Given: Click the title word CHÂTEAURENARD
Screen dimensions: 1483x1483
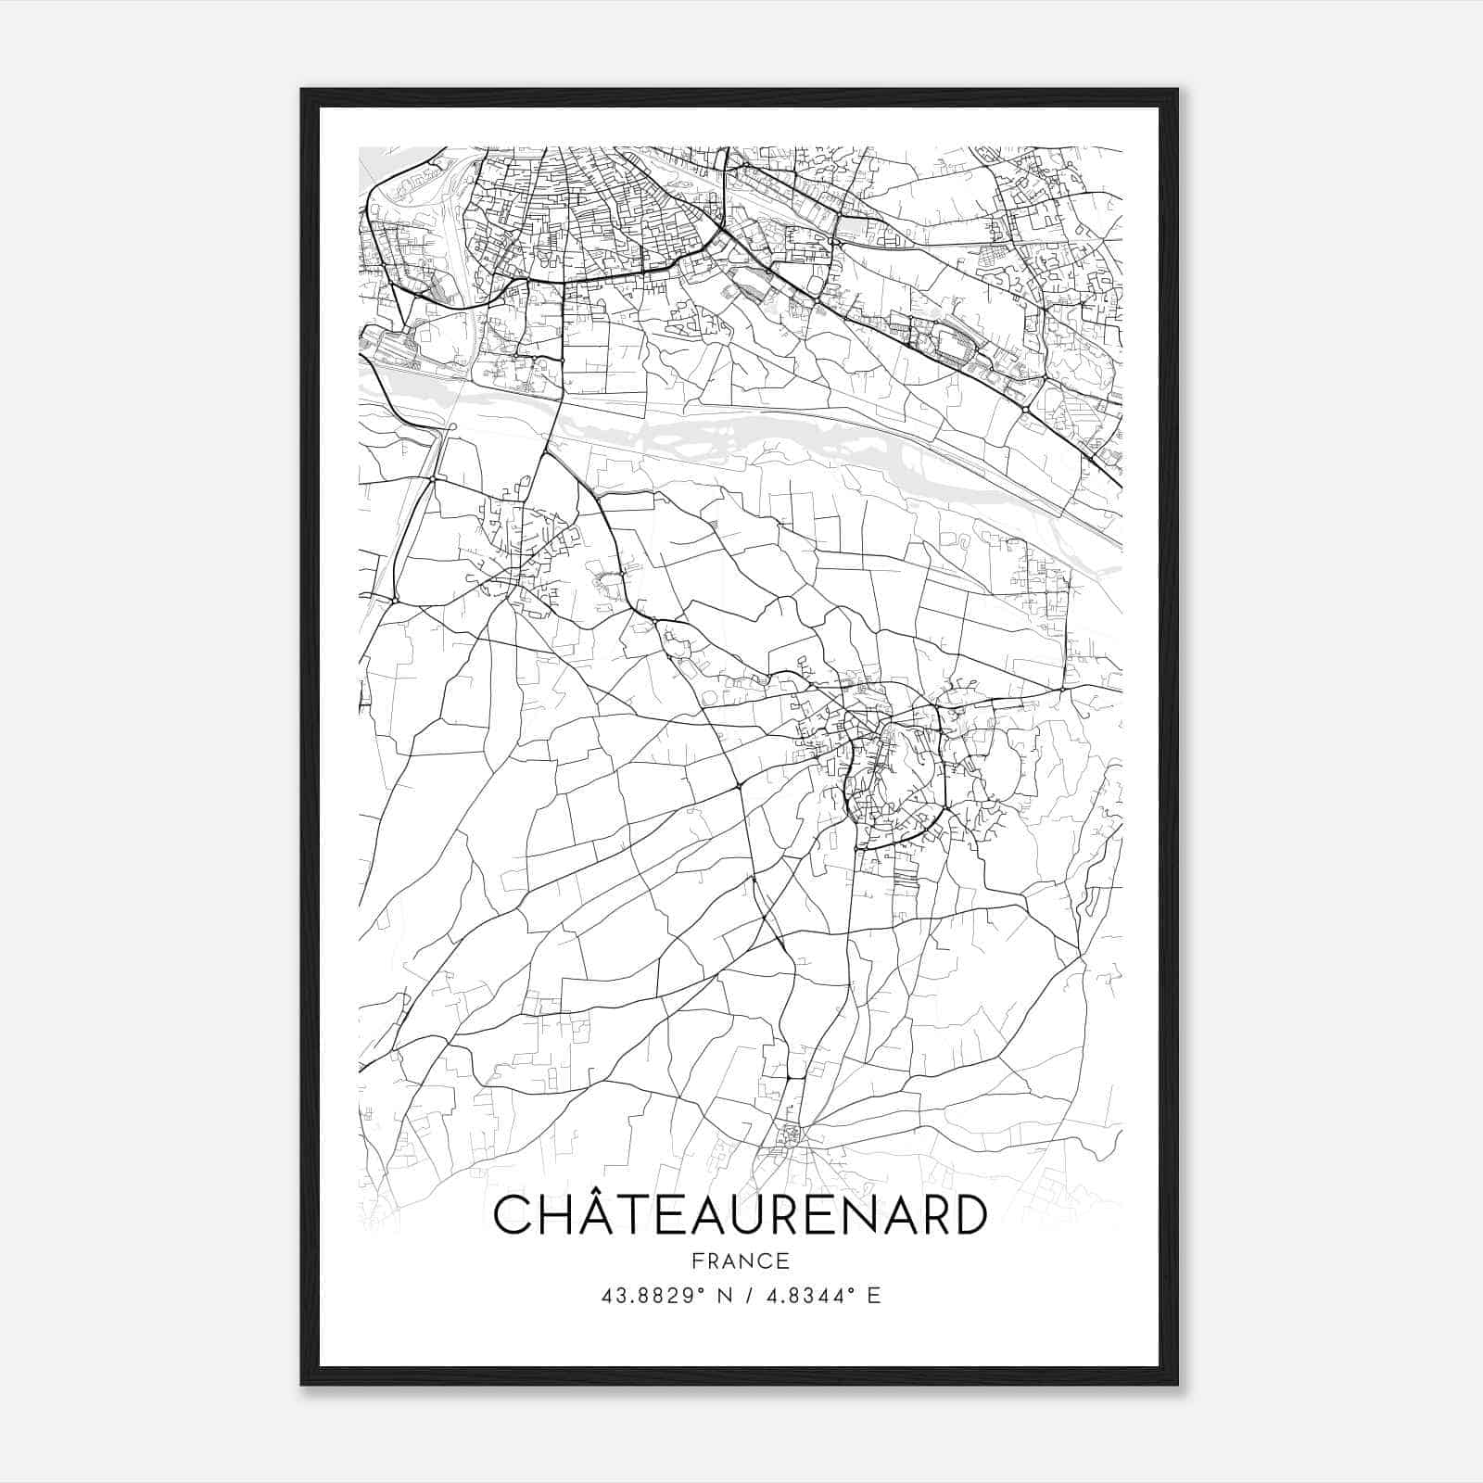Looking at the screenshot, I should point(741,1216).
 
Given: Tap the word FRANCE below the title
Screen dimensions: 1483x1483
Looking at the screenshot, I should point(741,1261).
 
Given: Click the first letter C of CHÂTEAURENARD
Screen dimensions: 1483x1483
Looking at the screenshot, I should point(513,1216).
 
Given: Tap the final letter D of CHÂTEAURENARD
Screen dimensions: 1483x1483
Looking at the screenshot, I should point(969,1216).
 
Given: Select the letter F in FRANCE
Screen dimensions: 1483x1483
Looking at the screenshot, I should point(697,1261).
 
